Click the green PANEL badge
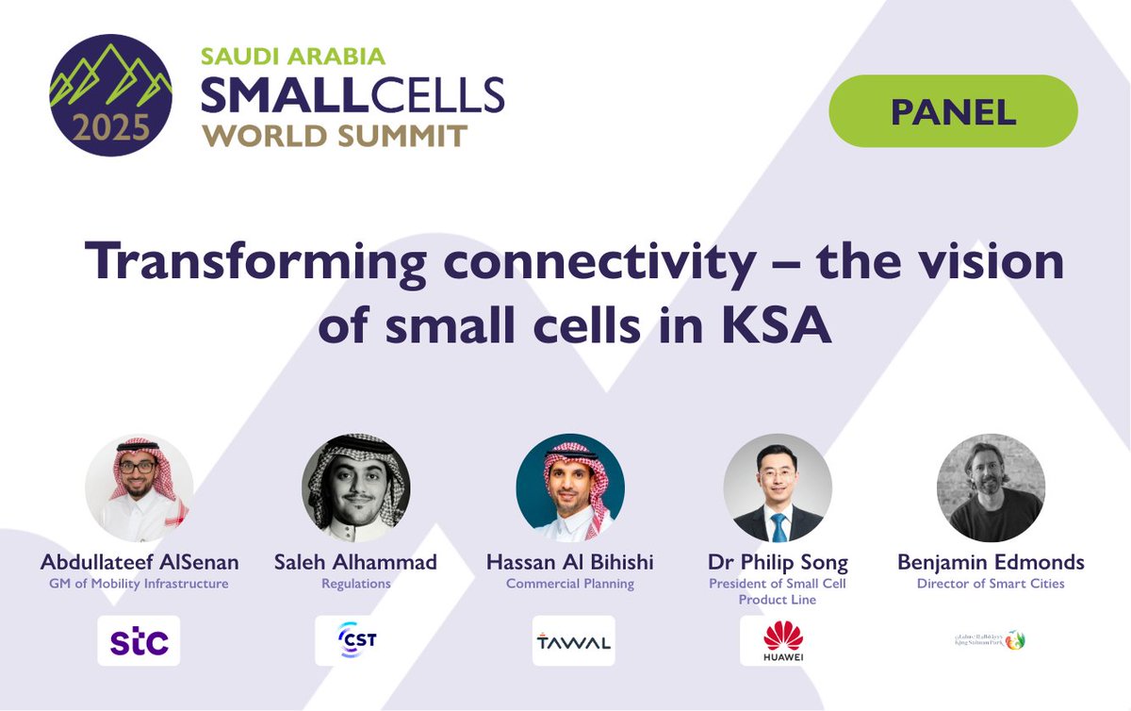click(953, 111)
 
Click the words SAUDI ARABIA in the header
click(293, 56)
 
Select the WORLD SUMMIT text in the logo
click(335, 135)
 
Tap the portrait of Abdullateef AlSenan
click(139, 488)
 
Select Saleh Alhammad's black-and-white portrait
click(355, 488)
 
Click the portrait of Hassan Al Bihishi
click(570, 488)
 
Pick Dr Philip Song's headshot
click(778, 488)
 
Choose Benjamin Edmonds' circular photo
click(991, 488)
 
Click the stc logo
click(139, 641)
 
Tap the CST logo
click(355, 641)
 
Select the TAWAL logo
click(573, 641)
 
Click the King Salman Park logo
click(990, 640)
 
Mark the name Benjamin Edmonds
click(991, 563)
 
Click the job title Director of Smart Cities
click(991, 584)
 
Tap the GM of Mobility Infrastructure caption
click(139, 584)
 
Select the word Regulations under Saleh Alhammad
click(355, 584)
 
